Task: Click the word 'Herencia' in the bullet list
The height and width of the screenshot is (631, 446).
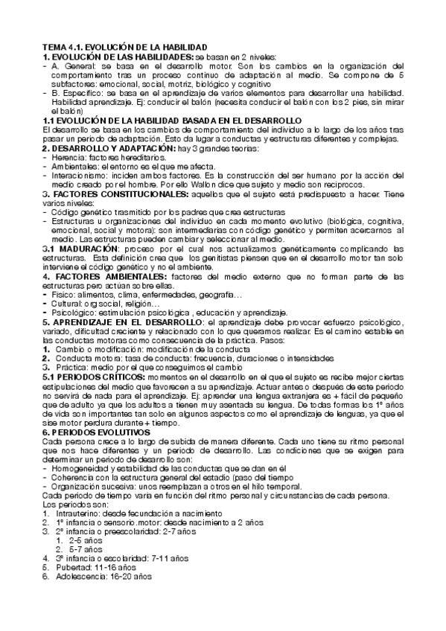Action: [x=71, y=158]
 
